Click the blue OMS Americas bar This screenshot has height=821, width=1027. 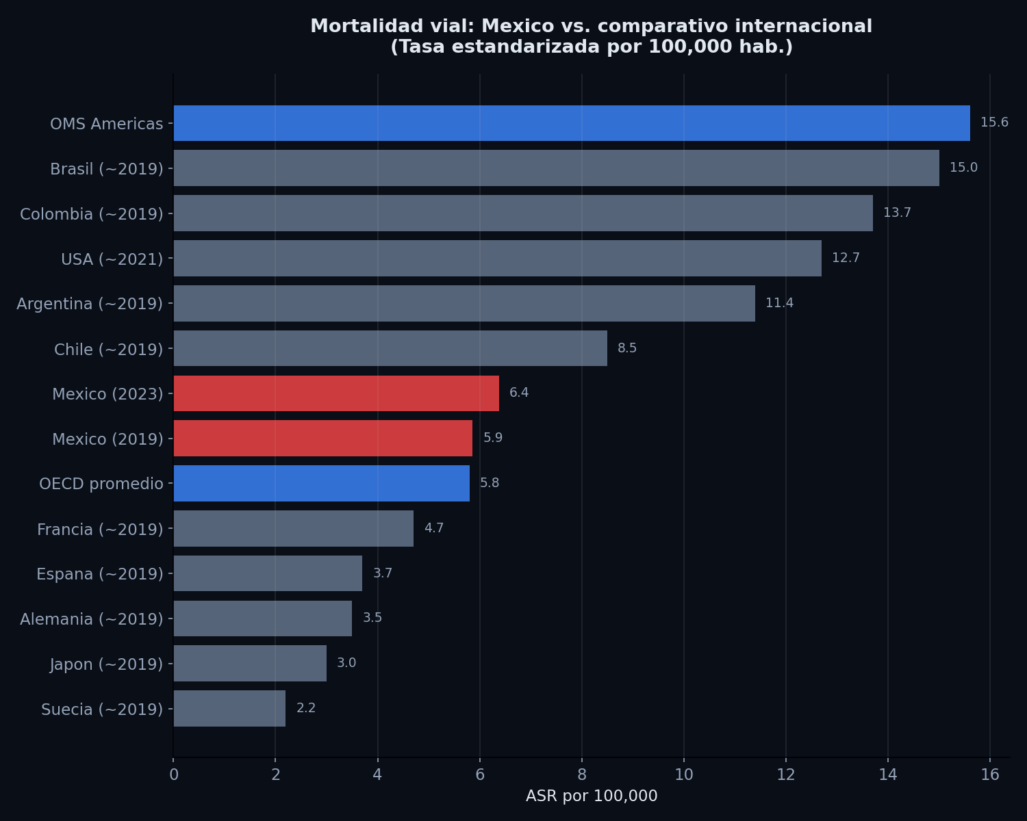click(572, 123)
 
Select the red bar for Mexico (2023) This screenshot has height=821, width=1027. click(336, 393)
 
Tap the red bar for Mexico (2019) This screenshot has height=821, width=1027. click(323, 439)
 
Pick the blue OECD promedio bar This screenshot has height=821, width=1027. click(322, 484)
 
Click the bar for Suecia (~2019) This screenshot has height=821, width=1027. click(229, 709)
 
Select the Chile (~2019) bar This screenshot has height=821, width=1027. click(390, 348)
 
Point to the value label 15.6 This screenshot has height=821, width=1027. click(994, 123)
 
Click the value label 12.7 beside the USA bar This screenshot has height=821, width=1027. click(846, 259)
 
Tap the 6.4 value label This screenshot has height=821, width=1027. click(519, 393)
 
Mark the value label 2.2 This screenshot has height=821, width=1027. click(306, 709)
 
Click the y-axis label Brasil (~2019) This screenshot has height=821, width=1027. click(107, 169)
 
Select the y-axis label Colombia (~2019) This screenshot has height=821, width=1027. click(92, 214)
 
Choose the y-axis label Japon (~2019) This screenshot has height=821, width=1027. click(106, 664)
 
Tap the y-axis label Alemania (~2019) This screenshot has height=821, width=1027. click(92, 619)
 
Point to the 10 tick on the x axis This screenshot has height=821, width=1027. click(684, 774)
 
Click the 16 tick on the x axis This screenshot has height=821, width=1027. click(990, 774)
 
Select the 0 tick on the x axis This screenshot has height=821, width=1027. click(174, 774)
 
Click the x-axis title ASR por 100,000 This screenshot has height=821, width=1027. click(592, 796)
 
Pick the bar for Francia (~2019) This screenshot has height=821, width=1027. click(294, 529)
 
